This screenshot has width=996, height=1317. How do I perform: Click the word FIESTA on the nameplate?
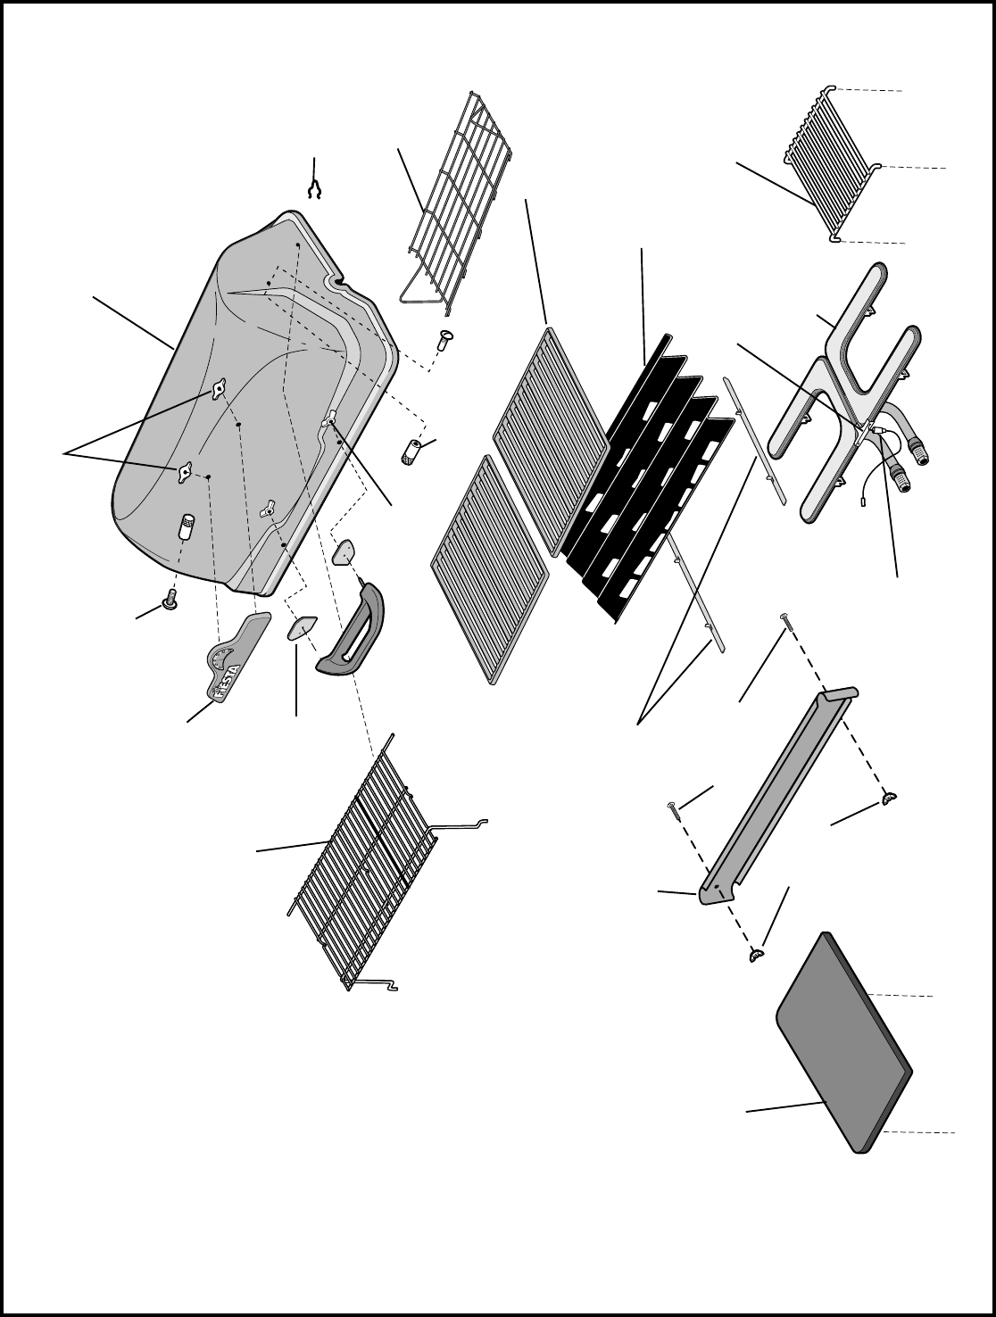228,682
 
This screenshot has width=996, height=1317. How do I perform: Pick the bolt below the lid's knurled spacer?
170,600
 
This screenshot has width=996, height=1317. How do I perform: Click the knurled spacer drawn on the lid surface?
187,526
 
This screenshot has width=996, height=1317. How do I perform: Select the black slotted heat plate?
647,480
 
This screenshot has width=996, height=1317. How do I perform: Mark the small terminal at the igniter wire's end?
863,501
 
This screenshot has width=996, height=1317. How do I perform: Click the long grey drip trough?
779,804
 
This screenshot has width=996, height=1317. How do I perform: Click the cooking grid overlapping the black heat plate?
552,443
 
